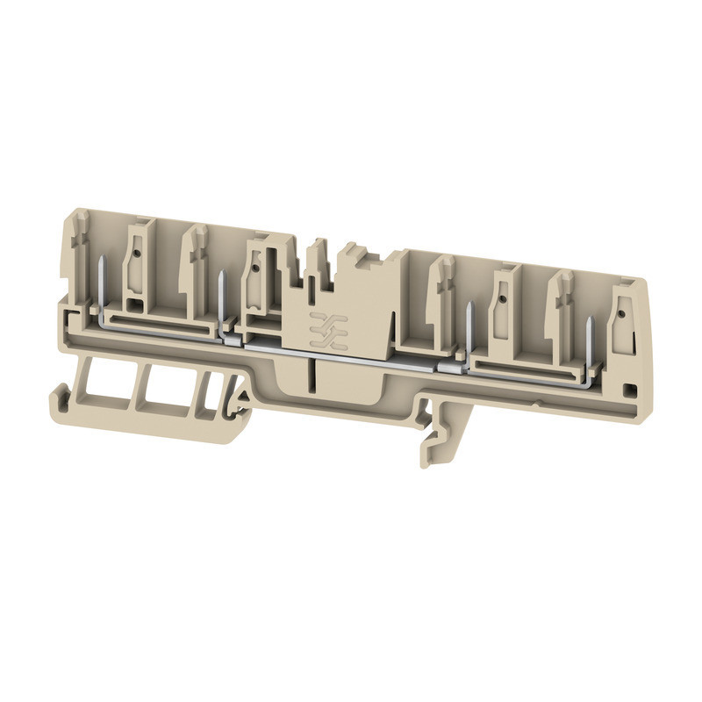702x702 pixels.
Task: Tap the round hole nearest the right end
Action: coord(620,312)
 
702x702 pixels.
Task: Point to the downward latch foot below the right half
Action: coord(439,439)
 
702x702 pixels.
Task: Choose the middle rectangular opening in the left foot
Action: coord(167,389)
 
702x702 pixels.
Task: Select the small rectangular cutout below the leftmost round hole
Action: coord(137,305)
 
